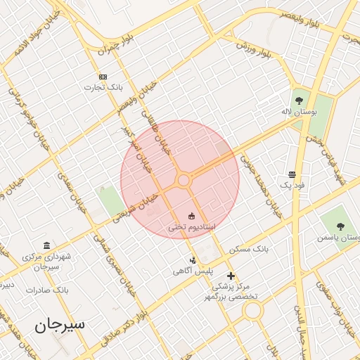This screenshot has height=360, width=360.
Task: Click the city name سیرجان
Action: click(60, 324)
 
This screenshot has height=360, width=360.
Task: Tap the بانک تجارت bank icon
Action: click(103, 77)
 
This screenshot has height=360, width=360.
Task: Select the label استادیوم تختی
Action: click(191, 228)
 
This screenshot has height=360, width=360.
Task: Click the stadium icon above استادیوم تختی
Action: click(191, 215)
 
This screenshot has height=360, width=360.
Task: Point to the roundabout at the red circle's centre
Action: click(184, 181)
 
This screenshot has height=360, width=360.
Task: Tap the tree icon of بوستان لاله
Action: click(299, 100)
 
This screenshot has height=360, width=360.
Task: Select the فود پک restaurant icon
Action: click(292, 174)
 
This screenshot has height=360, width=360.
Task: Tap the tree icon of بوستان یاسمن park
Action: click(340, 226)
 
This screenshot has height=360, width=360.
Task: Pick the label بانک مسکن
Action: click(249, 250)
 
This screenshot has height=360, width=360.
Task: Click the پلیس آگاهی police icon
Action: click(193, 260)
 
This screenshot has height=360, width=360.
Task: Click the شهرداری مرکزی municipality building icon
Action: click(46, 245)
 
